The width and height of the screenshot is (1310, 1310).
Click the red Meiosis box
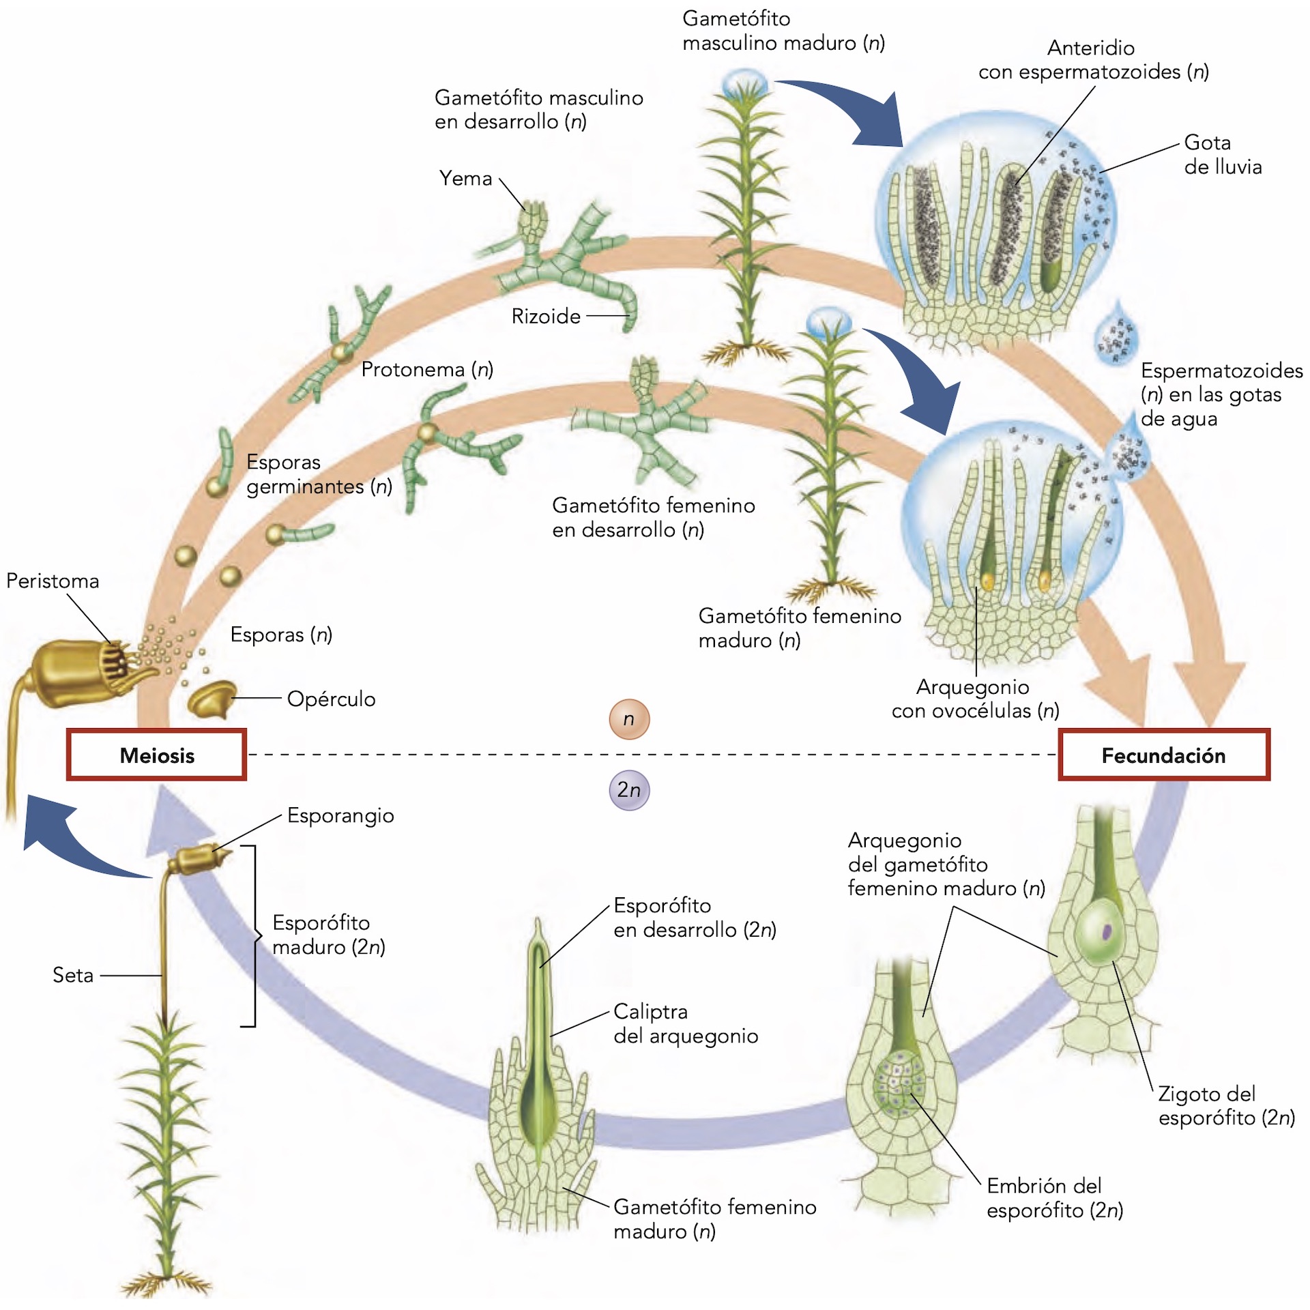[156, 755]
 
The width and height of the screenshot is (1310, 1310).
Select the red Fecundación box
[1163, 755]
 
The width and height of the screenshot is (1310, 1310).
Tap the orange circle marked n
[628, 719]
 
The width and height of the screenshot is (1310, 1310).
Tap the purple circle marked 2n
[628, 790]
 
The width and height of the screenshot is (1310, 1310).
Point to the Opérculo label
[331, 699]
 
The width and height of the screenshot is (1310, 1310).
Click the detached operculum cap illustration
[212, 699]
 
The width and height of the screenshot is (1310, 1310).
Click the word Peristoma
[53, 581]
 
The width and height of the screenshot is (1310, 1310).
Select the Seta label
[73, 975]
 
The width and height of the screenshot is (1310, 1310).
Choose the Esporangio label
[340, 815]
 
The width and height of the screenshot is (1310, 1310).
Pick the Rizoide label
[546, 316]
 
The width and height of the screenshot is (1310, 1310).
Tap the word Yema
[465, 178]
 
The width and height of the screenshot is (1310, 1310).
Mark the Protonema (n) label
[427, 369]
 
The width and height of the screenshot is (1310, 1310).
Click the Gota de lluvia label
[1223, 154]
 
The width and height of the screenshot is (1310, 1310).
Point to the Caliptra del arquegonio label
[685, 1023]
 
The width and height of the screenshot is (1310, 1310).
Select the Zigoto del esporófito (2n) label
[1226, 1105]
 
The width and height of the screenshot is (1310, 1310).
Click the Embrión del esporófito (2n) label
[1054, 1197]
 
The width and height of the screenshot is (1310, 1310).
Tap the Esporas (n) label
[281, 635]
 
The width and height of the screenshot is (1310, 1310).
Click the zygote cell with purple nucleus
[1100, 930]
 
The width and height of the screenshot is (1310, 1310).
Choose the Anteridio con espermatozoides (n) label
[1093, 59]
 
